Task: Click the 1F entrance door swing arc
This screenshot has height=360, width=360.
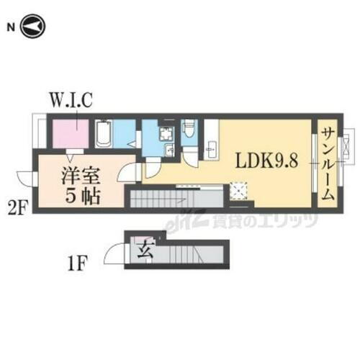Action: pos(115,253)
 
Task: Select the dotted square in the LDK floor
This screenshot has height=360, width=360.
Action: pos(238,189)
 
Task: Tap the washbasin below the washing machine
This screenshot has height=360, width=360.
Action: pos(168,150)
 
